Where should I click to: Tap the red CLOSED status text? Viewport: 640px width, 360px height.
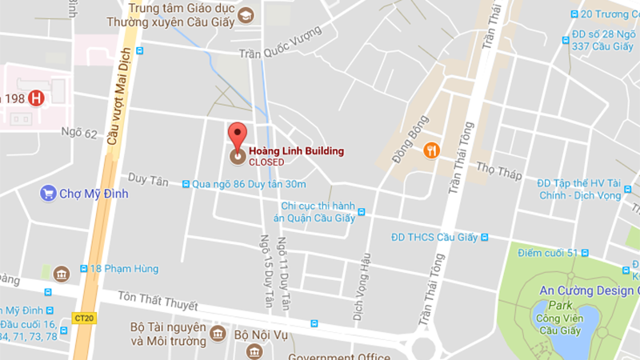266,162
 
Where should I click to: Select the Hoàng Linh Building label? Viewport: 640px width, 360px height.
296,150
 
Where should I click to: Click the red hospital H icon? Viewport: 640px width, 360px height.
35,98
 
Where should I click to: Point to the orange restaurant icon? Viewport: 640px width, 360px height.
433,150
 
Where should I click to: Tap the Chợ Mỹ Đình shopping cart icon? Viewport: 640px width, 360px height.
47,193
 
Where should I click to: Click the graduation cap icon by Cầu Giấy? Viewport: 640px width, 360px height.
245,15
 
